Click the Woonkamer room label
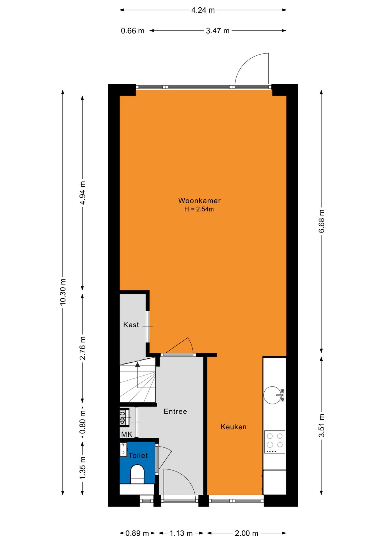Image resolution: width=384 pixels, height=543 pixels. (199, 201)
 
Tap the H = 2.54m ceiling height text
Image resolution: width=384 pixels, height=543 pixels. (199, 209)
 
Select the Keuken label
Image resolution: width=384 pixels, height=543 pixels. (234, 427)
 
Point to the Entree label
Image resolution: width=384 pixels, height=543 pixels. (175, 411)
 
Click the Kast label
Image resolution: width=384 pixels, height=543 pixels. (131, 325)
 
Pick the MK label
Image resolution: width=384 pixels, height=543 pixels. (126, 434)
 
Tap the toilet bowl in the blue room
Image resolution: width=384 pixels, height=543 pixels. (137, 474)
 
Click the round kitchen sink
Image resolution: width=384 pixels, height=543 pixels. (273, 395)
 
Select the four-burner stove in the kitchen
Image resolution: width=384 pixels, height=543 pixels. (275, 442)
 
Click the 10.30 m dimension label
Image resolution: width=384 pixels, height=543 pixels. (63, 292)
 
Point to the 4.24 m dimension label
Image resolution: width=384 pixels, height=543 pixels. (203, 10)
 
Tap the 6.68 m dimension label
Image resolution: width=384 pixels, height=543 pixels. (322, 221)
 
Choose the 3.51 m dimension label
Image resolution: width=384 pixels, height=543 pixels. (322, 425)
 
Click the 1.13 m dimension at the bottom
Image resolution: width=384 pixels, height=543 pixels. (181, 533)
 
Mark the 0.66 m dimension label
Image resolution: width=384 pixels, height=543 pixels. (133, 31)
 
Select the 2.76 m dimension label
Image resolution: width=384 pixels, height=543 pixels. (82, 348)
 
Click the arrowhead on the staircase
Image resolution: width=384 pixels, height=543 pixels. (137, 365)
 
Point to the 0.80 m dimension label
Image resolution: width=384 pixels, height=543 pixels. (82, 422)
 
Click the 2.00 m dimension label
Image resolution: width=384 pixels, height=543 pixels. (247, 533)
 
